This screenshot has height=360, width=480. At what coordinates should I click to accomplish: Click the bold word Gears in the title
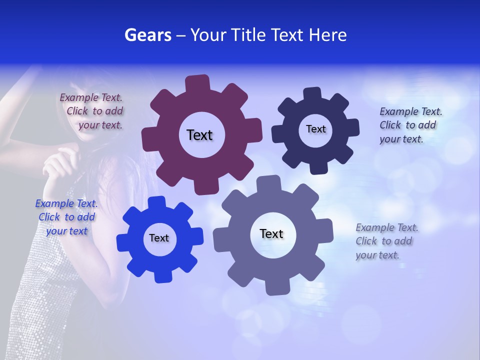(x=148, y=35)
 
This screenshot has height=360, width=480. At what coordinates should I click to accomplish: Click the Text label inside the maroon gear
(x=199, y=135)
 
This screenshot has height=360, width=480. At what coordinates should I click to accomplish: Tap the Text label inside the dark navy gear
(x=315, y=129)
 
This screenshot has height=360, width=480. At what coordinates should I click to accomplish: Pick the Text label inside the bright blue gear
(x=159, y=238)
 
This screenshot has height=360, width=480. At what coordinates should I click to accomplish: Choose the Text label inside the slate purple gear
(x=271, y=233)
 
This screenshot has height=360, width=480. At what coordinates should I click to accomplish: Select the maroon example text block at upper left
(x=92, y=111)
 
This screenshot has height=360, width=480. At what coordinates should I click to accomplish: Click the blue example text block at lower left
(x=66, y=217)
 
